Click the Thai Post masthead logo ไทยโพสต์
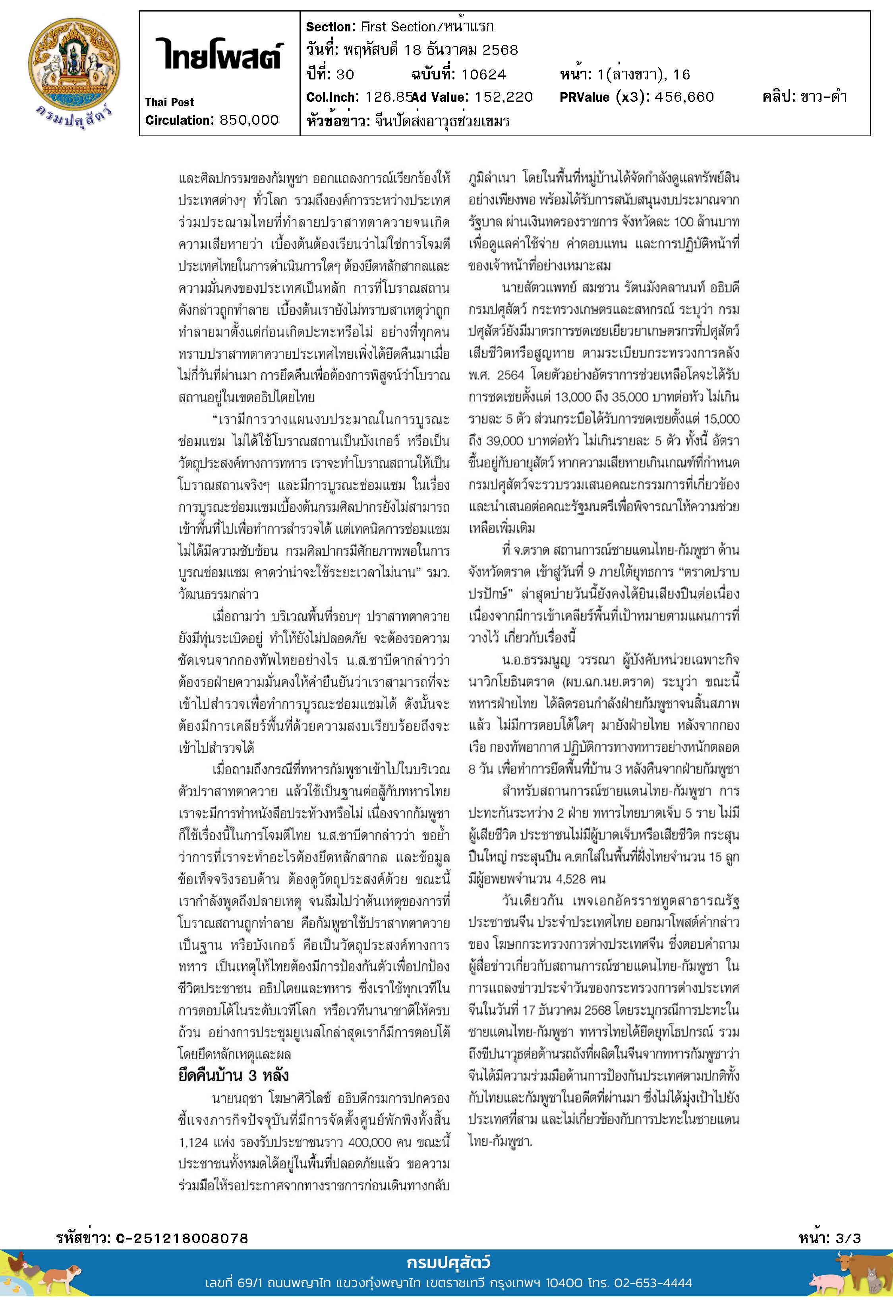[x=219, y=55]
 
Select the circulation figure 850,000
[x=249, y=120]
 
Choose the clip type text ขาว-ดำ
[x=823, y=97]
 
